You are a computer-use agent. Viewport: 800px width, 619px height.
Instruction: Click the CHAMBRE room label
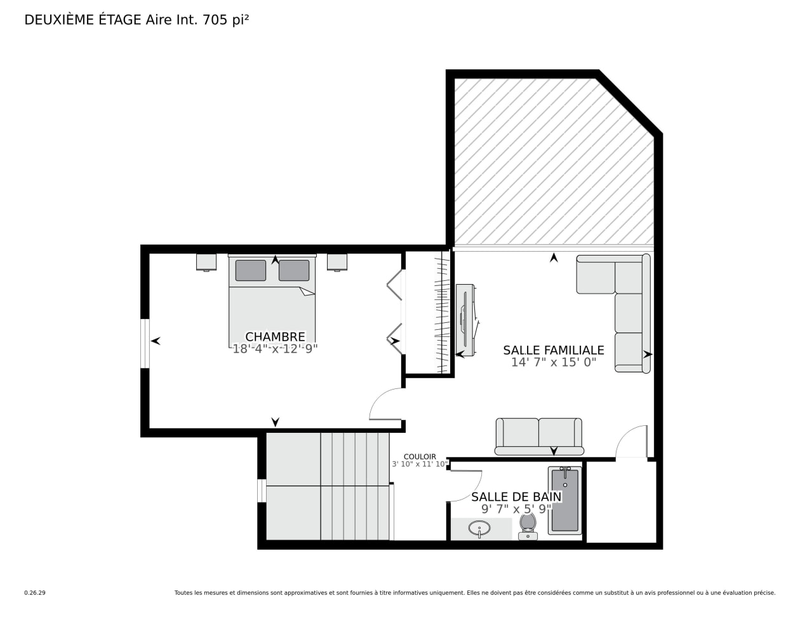(275, 336)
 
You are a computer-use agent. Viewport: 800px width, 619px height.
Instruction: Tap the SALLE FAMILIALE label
(554, 350)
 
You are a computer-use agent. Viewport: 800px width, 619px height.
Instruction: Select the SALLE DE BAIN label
(516, 497)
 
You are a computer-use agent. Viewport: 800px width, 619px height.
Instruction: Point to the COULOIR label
(420, 457)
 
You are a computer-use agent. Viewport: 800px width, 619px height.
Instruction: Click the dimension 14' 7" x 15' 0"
(554, 362)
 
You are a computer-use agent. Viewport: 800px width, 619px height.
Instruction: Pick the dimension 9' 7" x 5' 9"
(516, 509)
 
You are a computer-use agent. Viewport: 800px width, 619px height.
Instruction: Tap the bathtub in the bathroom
(564, 500)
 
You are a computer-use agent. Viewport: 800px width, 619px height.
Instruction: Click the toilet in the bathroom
(528, 527)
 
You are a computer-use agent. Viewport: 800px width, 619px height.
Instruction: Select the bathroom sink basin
(479, 529)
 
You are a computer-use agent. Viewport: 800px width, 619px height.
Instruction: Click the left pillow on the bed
(251, 271)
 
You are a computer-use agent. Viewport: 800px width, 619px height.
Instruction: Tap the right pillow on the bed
(294, 271)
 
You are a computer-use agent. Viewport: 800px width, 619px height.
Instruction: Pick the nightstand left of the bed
(206, 262)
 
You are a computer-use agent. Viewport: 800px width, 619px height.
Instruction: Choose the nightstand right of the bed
(337, 262)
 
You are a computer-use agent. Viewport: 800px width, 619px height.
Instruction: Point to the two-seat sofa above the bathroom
(539, 437)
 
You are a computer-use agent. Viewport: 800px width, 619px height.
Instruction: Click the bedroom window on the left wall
(145, 343)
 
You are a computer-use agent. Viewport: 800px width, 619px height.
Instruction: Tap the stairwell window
(262, 491)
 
